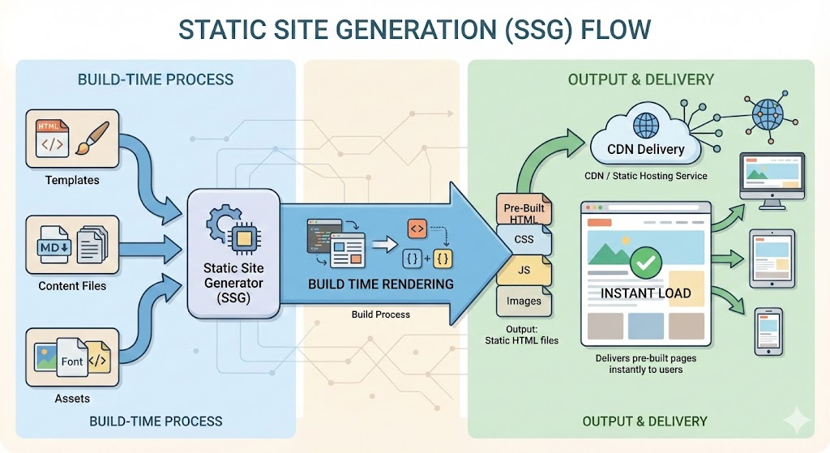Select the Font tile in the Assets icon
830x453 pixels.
click(x=72, y=361)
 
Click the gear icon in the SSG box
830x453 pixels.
click(x=221, y=223)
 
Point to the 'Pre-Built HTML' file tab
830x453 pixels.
click(x=524, y=213)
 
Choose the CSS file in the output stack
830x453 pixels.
click(x=524, y=240)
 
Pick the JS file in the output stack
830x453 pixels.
click(x=524, y=270)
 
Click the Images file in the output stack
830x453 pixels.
click(x=524, y=301)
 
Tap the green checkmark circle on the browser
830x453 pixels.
click(x=645, y=262)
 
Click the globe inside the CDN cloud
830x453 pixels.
click(x=645, y=124)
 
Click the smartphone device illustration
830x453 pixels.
click(x=768, y=331)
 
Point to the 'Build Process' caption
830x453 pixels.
click(x=380, y=314)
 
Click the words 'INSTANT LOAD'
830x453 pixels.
click(x=645, y=293)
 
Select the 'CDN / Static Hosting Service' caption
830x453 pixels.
click(x=645, y=176)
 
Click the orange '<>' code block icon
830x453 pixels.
click(x=417, y=229)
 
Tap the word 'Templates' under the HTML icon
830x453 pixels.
click(x=72, y=180)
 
